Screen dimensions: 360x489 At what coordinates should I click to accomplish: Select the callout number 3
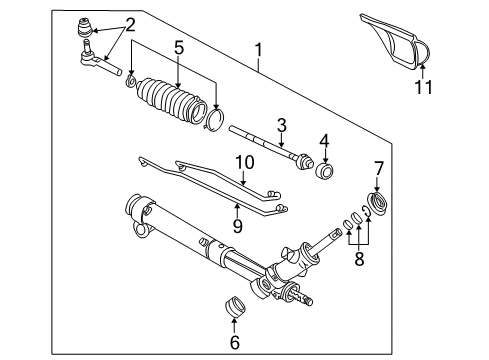(x=283, y=124)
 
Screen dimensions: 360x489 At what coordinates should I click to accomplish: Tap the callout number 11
(x=422, y=88)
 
